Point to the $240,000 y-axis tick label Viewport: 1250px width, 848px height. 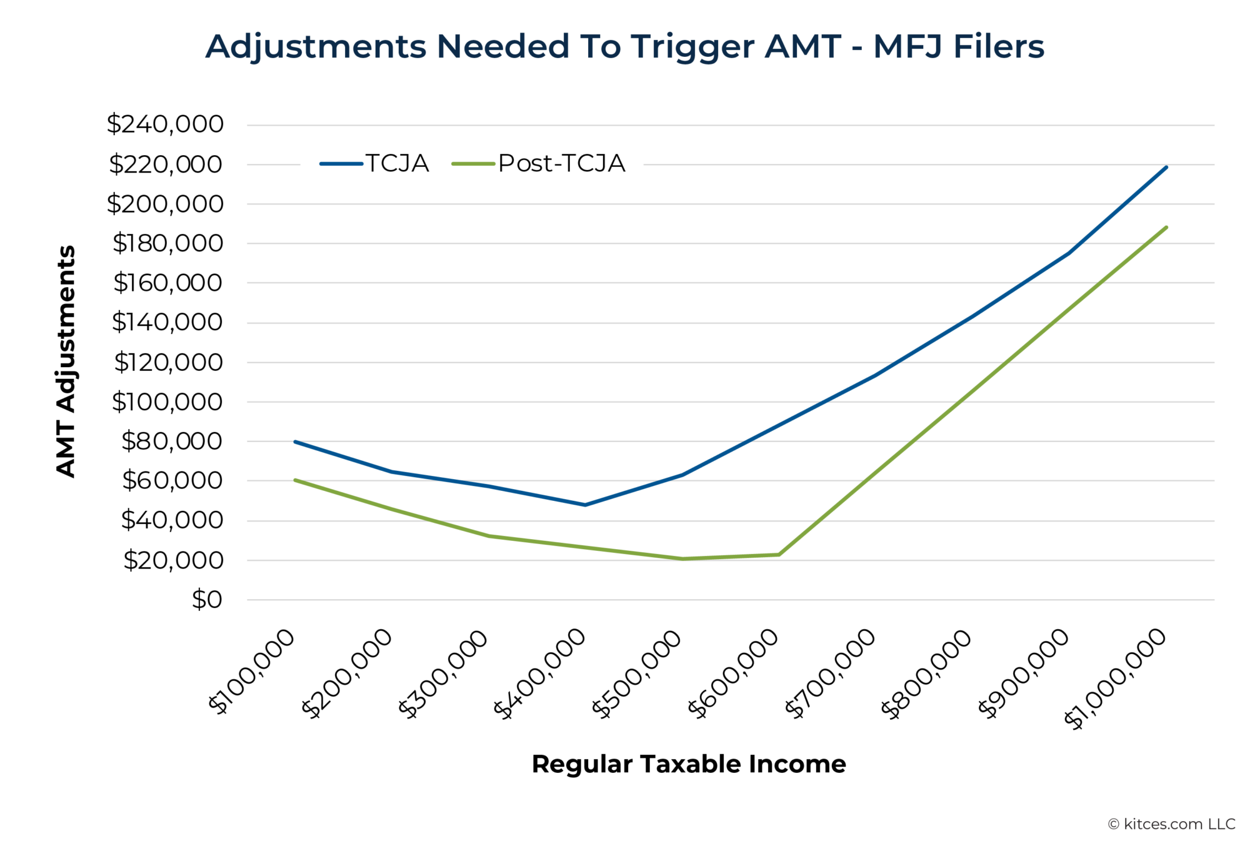point(165,124)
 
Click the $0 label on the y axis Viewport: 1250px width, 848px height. point(207,600)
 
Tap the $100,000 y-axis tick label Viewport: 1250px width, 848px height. point(167,402)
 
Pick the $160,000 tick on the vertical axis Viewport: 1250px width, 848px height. point(167,283)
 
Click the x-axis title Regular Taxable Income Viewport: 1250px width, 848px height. point(688,764)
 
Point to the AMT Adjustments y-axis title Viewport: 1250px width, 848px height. point(66,361)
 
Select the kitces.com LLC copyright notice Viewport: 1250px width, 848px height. point(1171,824)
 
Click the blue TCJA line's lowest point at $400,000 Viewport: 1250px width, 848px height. point(585,505)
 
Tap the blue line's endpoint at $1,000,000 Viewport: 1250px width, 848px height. point(1166,168)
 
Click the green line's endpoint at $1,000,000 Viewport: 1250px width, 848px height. point(1166,228)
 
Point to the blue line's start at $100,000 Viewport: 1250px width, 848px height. point(295,442)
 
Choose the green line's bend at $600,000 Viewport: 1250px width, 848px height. point(779,554)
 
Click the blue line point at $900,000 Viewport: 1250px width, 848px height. point(1069,253)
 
